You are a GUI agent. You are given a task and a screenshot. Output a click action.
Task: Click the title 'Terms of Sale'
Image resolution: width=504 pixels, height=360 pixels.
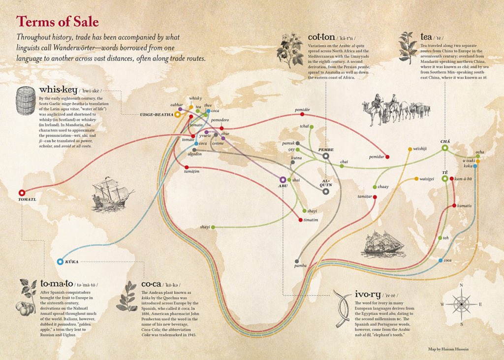(x=58, y=22)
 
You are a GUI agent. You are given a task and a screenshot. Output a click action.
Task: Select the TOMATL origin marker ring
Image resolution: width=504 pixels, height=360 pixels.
(x=21, y=193)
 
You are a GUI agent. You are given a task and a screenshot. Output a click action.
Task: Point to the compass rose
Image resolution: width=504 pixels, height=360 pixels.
(x=461, y=303)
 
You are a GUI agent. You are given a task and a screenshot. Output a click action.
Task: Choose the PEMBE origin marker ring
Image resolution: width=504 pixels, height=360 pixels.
(x=326, y=156)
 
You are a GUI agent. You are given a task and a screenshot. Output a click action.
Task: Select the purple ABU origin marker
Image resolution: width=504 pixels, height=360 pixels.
(x=283, y=180)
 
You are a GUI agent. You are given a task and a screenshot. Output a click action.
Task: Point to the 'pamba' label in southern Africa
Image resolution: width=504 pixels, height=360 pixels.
(x=300, y=265)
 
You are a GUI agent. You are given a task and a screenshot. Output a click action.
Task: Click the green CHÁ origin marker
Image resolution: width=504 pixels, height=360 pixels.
(x=445, y=147)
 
